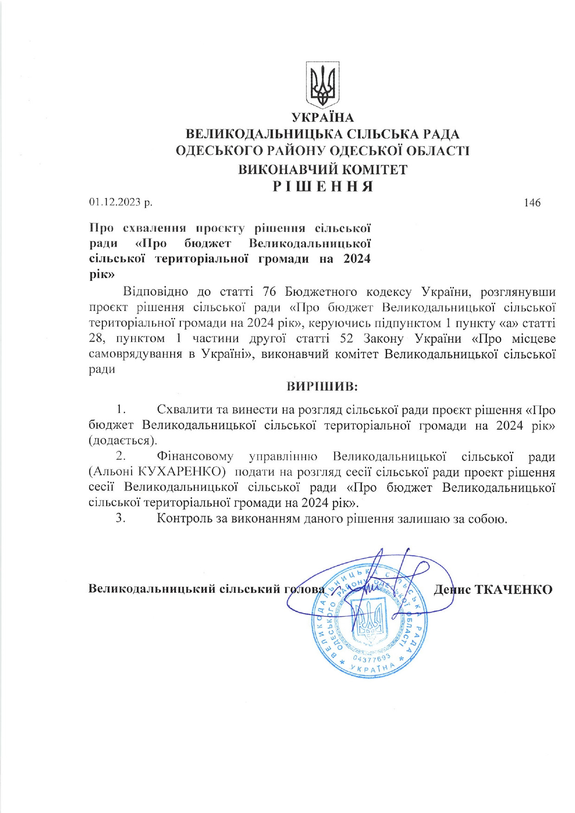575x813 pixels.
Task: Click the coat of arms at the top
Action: tap(322, 85)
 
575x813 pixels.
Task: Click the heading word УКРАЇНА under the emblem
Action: tap(322, 118)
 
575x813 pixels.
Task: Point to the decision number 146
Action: tap(532, 203)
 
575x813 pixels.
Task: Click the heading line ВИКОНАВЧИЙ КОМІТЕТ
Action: tap(322, 169)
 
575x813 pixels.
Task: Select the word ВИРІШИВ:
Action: tap(322, 386)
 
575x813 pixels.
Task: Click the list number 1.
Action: tap(121, 409)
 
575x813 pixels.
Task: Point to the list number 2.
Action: tap(121, 457)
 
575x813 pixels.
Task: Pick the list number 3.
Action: tap(121, 518)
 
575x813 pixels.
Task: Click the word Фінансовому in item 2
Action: tap(195, 457)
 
